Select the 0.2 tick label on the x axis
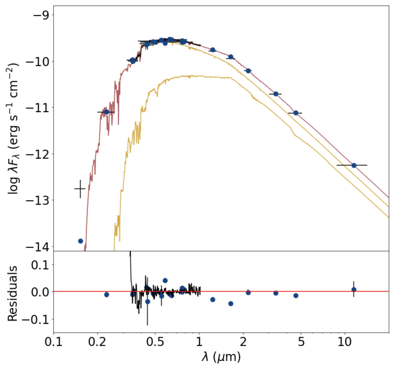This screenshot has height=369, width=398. (x=97, y=342)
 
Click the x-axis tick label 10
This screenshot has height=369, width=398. (x=344, y=342)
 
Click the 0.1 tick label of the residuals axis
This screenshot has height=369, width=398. (x=40, y=265)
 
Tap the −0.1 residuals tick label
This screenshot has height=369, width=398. (x=36, y=320)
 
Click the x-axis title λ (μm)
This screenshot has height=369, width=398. (x=221, y=357)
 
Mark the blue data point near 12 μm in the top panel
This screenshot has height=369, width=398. (x=354, y=165)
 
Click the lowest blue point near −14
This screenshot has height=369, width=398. (x=80, y=241)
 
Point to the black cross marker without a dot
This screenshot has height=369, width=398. (x=80, y=189)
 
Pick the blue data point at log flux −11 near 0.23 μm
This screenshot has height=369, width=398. (x=106, y=112)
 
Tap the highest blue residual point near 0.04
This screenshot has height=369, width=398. (x=165, y=281)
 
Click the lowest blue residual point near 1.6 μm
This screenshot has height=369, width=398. (x=231, y=304)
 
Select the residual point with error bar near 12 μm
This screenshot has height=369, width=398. (x=354, y=290)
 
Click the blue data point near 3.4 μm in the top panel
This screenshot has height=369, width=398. (x=276, y=94)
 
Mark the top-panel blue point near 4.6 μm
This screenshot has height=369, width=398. (x=296, y=113)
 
